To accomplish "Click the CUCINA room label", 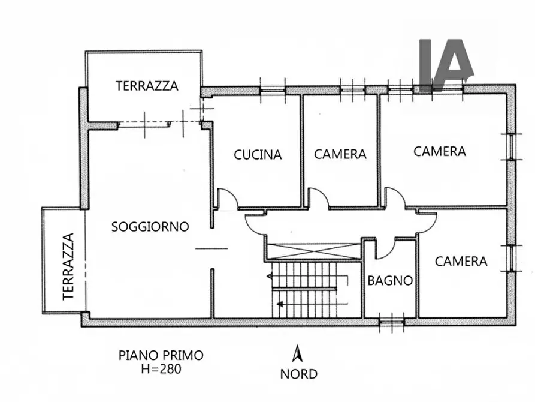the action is point(258,154).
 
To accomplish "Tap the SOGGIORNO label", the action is point(150,227).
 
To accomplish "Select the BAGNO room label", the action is point(390,280).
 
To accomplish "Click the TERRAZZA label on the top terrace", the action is point(147,86).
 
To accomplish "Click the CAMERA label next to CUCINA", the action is point(340,154).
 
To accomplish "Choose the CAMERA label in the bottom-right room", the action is point(461,262).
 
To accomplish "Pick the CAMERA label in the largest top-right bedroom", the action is point(440,151).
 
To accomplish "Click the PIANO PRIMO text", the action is point(161,355).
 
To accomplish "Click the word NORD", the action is point(299,374).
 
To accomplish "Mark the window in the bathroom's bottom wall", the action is point(392,323).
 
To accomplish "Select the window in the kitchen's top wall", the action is point(273,90).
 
